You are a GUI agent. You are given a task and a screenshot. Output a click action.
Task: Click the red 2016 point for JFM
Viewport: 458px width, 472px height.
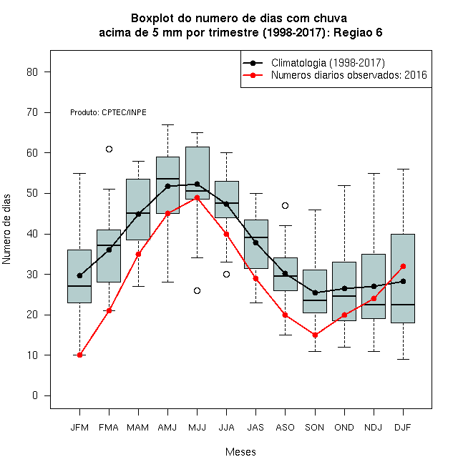tap(80, 355)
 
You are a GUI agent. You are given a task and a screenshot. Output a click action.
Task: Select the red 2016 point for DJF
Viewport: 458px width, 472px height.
tap(403, 267)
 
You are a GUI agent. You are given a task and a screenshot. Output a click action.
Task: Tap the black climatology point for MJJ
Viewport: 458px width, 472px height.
tap(197, 184)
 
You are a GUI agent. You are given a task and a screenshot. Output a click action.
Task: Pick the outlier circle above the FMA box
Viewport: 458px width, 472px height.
tap(109, 149)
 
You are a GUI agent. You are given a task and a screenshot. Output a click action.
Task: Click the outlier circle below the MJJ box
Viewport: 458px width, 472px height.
tap(197, 291)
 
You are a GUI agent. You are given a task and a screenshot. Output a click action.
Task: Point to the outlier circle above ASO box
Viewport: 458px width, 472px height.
tap(285, 205)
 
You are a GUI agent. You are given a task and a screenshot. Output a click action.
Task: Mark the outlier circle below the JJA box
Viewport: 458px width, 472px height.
tap(226, 274)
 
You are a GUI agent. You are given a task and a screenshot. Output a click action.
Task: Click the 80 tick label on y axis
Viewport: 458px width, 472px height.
tap(32, 72)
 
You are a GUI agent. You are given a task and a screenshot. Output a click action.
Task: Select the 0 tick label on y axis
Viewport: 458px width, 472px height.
tap(35, 395)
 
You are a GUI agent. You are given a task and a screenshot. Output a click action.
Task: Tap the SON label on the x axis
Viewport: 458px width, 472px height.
tap(315, 428)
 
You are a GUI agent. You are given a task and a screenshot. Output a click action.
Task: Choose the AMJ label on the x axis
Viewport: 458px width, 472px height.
tap(167, 428)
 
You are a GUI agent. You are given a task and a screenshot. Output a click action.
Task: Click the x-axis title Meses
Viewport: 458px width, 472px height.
tap(240, 452)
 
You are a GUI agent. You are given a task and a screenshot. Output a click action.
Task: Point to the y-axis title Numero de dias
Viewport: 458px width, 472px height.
tap(6, 230)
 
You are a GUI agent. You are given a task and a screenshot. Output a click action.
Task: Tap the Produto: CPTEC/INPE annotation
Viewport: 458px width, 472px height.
tap(108, 112)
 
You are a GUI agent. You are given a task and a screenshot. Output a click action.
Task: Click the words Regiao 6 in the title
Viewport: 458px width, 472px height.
tap(358, 32)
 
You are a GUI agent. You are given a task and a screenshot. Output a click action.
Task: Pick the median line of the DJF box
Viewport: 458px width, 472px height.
tap(403, 305)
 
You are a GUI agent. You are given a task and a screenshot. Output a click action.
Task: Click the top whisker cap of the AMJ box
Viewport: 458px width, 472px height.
tap(168, 124)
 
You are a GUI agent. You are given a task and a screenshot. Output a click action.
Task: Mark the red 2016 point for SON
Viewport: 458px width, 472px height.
tap(315, 335)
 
